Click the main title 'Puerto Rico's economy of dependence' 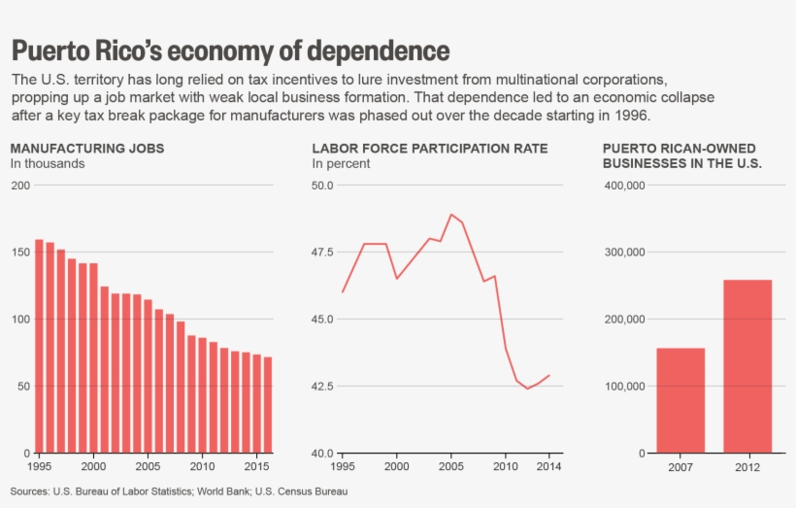pos(230,51)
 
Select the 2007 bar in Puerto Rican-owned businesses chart pos(680,400)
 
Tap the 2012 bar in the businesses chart pos(746,366)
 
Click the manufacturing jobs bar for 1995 pos(39,346)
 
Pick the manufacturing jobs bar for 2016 pos(268,405)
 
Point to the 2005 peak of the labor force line pos(451,215)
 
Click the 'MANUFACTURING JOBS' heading pos(87,149)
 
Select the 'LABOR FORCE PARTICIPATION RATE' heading pos(429,149)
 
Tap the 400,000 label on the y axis pos(624,185)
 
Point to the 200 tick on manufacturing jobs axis pos(19,185)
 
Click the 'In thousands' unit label pos(48,164)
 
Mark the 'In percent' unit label pos(341,164)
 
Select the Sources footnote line pos(180,491)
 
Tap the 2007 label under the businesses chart pos(680,466)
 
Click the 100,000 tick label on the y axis pos(624,386)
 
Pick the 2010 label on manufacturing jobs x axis pos(203,466)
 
